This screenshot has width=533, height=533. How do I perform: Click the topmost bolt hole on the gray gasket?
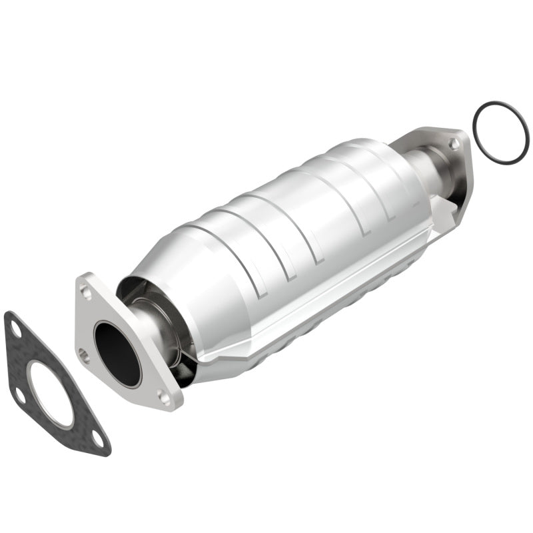(15, 327)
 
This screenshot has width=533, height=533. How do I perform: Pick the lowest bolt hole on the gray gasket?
(98, 438)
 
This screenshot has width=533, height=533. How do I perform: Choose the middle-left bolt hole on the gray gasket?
(21, 395)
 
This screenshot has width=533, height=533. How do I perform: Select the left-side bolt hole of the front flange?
(83, 354)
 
